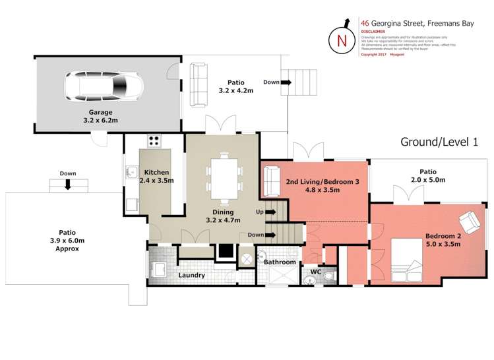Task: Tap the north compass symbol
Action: pos(342,40)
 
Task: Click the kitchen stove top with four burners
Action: pos(154,140)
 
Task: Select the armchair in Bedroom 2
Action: pos(470,223)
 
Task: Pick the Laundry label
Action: pos(191,275)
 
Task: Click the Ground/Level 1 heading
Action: pos(439,142)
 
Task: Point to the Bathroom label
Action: pos(280,262)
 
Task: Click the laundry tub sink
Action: pos(158,269)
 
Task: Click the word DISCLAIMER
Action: pos(373,31)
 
